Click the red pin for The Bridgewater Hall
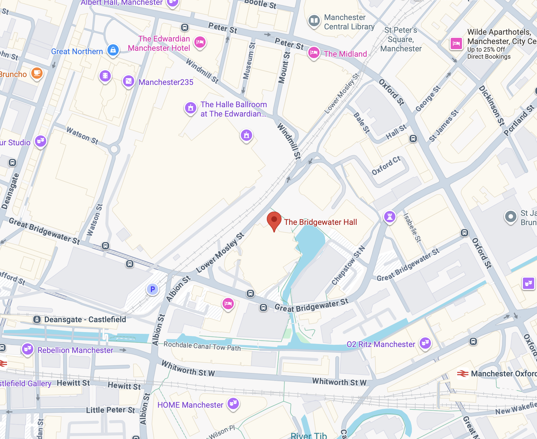tap(274, 220)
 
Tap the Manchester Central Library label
tap(349, 22)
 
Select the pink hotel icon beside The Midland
tap(314, 52)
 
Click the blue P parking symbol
tap(153, 289)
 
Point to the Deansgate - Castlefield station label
tap(85, 319)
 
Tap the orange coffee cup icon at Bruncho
tap(37, 73)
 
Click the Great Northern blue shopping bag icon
tap(113, 50)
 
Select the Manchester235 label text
tap(166, 82)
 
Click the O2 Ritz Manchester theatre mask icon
tap(425, 343)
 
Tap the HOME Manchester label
tap(190, 405)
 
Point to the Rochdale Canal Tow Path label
tap(202, 346)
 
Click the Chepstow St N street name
tap(348, 265)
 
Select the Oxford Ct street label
tap(386, 166)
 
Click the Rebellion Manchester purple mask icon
tap(28, 349)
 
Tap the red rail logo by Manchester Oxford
tap(463, 374)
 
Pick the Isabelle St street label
tap(412, 227)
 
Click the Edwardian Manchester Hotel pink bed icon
tap(200, 42)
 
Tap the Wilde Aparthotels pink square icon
tap(456, 43)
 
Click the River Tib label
tap(309, 435)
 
